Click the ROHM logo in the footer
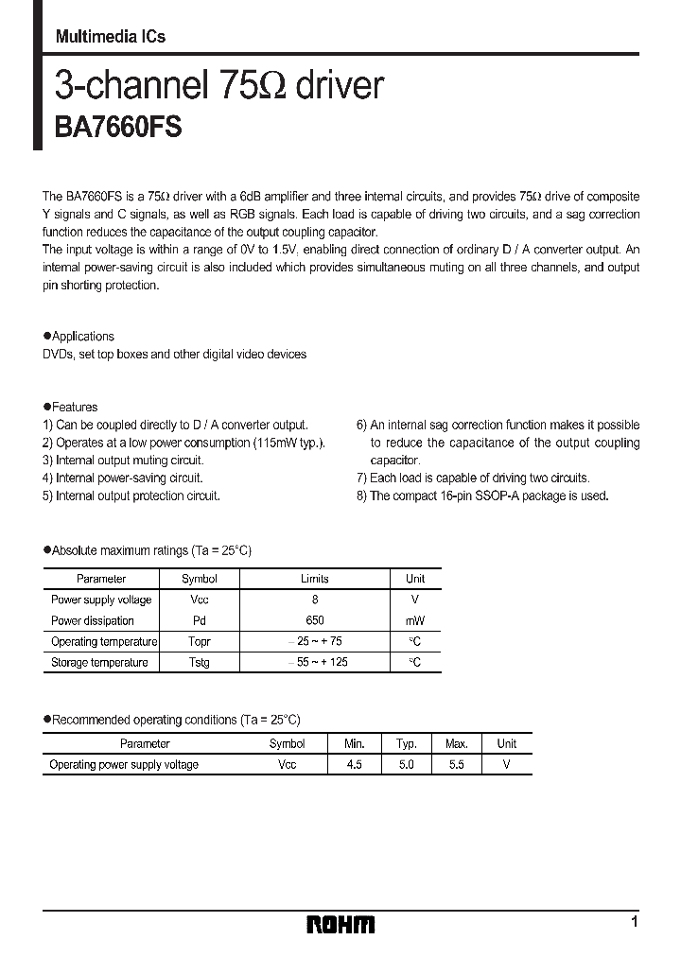340,924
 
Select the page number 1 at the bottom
634,921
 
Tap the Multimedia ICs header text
110,36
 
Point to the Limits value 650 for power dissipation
315,621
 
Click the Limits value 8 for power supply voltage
315,600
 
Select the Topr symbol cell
200,642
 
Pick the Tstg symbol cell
200,663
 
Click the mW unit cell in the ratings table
415,621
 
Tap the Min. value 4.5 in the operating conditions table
353,765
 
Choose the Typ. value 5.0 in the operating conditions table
406,765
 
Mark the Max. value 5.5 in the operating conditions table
456,765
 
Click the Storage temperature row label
99,663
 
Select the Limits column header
315,579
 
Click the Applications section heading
82,337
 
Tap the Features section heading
75,408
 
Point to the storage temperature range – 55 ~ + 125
317,663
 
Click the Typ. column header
406,744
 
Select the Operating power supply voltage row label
124,765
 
